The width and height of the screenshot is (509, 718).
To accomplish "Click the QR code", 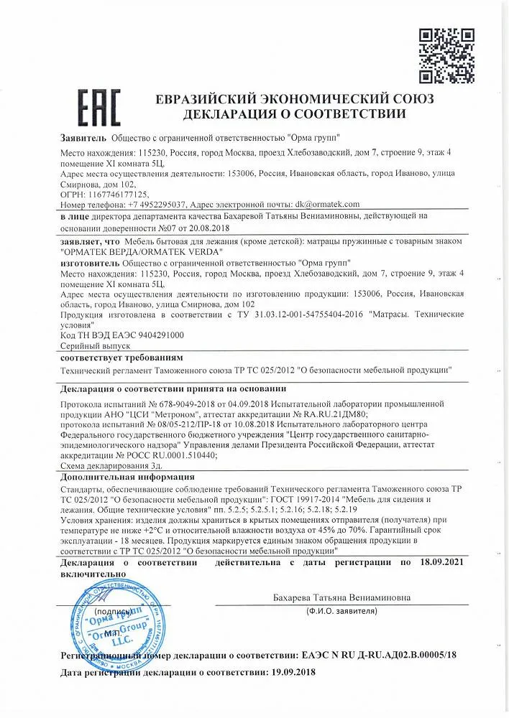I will (445, 56).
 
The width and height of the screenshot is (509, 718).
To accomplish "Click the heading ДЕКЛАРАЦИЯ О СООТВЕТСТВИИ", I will (294, 114).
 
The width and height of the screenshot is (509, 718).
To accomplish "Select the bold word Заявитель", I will (84, 137).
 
